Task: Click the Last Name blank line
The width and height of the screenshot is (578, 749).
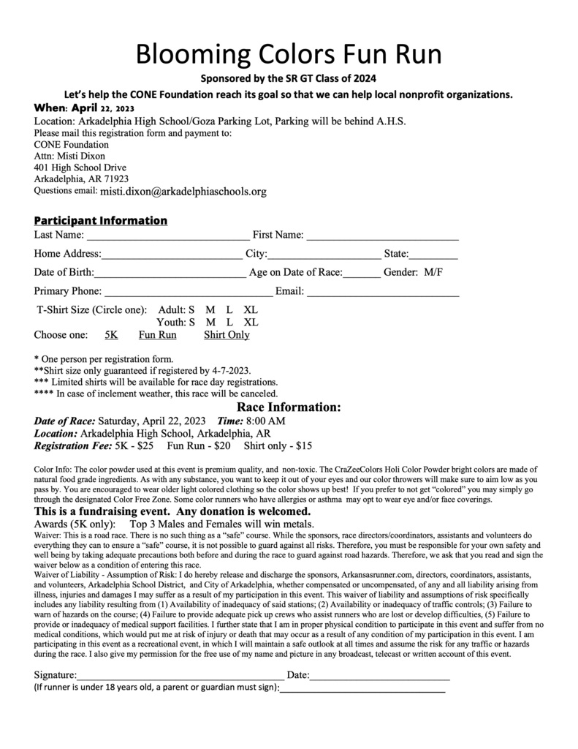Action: click(x=167, y=237)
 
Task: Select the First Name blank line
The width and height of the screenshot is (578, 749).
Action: click(x=382, y=237)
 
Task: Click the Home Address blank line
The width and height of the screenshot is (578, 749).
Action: click(x=172, y=256)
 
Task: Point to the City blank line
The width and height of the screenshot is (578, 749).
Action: click(x=324, y=256)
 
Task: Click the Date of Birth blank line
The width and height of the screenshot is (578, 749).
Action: click(x=170, y=275)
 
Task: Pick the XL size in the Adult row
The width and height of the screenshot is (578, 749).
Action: click(x=251, y=310)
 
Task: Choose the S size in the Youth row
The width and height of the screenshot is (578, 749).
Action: click(x=191, y=323)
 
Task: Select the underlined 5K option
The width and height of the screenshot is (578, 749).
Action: click(x=111, y=335)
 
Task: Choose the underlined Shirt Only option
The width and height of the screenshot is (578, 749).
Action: click(x=227, y=335)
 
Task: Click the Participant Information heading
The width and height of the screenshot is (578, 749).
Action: click(x=101, y=220)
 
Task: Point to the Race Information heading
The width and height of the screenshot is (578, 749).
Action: click(x=289, y=407)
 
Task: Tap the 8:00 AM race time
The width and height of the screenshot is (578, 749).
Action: click(x=265, y=421)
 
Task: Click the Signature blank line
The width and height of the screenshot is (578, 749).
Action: click(x=180, y=677)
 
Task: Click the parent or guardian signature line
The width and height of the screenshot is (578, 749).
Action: click(x=362, y=690)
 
